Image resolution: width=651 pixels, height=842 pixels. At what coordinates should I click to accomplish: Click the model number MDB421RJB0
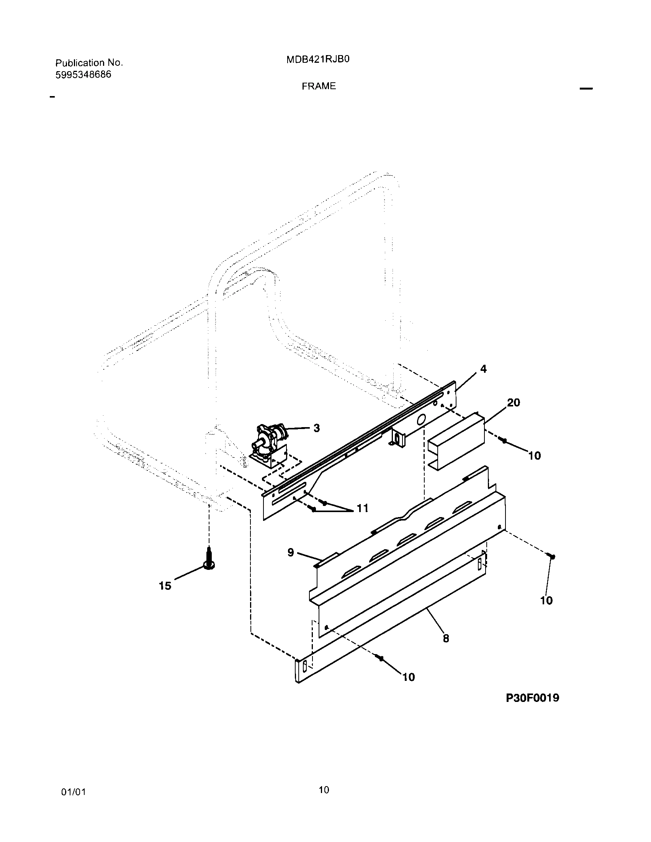coord(318,60)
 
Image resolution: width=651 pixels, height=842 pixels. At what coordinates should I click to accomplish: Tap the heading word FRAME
coord(319,86)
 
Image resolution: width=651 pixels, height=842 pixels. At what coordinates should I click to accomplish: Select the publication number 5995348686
coord(83,75)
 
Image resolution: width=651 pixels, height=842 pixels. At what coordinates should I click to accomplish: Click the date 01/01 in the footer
coord(73,792)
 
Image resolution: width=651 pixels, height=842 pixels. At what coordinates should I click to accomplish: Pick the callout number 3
coord(316,428)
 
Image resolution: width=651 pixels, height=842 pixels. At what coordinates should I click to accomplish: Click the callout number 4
coord(483,369)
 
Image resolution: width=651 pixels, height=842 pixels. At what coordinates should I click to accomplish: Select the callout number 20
coord(513,403)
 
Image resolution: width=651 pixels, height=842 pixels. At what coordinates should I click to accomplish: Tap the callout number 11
coord(362,509)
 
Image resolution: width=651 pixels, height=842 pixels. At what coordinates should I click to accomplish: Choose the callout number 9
coord(291,552)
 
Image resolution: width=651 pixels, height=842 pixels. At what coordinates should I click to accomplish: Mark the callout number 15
coord(165,586)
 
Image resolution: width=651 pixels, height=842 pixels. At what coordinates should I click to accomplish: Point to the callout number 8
coord(446,639)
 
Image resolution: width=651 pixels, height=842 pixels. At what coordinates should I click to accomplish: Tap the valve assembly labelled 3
coord(270,443)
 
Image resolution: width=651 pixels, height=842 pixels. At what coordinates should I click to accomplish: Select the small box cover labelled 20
coord(455,441)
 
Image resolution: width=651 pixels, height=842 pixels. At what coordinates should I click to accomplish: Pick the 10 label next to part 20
coord(535,456)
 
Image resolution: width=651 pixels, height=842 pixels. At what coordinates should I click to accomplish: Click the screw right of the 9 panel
coord(551,556)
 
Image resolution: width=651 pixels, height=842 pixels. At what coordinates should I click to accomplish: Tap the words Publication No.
coord(89,63)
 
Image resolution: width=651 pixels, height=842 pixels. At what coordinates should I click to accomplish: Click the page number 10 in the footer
coord(324,790)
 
